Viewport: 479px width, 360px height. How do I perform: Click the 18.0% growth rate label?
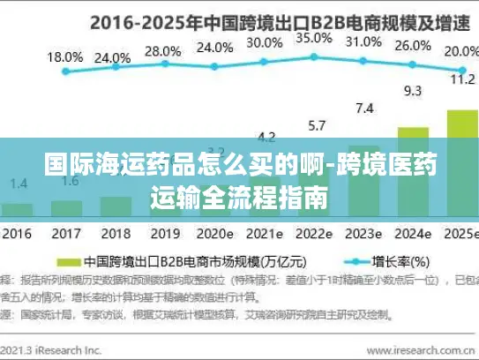coord(65,57)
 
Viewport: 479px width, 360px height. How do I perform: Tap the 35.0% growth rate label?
coord(314,38)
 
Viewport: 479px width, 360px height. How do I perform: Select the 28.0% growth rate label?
coord(162,52)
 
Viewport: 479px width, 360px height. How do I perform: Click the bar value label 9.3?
coord(412,90)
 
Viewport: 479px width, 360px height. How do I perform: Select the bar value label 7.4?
coord(363,109)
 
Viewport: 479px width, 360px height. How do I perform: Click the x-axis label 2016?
coord(16,235)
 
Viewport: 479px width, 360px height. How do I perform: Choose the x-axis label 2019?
coord(162,235)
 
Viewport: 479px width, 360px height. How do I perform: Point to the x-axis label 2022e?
coord(314,235)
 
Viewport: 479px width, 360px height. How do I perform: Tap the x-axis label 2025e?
coord(459,235)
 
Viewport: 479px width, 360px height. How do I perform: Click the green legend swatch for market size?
coord(68,262)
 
